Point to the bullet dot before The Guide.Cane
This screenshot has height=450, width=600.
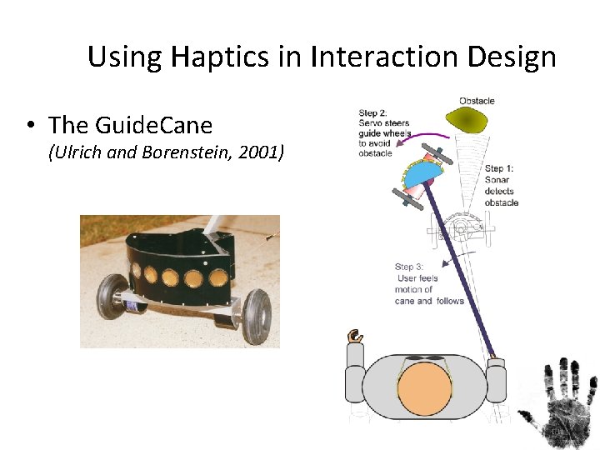(x=29, y=126)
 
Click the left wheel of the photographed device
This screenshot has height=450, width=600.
(x=110, y=297)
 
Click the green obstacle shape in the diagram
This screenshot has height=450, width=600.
(x=474, y=122)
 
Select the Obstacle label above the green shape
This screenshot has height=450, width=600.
(x=477, y=101)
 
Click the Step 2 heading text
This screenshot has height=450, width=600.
(x=373, y=113)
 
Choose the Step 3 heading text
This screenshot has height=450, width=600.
(x=410, y=267)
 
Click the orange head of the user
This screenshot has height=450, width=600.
(x=424, y=390)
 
